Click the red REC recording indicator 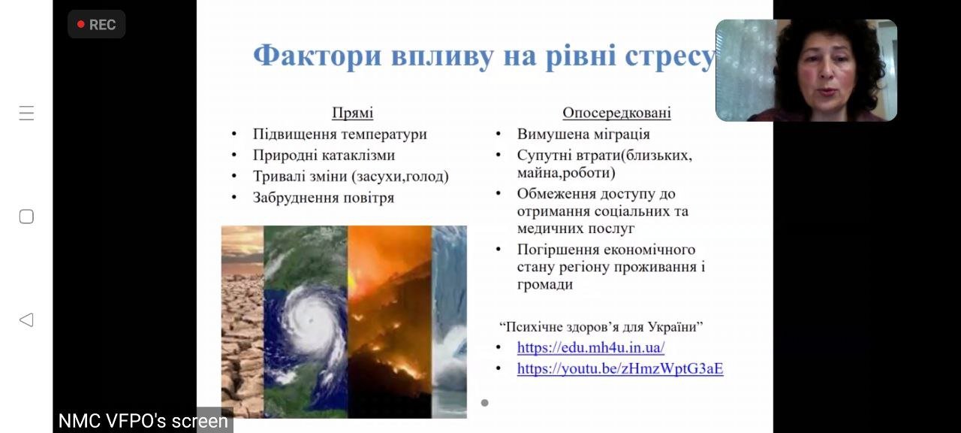tap(97, 25)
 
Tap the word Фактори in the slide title tap(318, 56)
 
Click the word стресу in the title tap(670, 56)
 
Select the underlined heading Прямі tap(353, 113)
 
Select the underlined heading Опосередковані tap(616, 113)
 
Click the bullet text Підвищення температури tap(340, 134)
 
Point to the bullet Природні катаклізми tap(324, 155)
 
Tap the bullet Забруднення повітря tap(324, 198)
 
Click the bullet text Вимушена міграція tap(583, 134)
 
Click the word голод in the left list tap(425, 177)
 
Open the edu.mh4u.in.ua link tap(591, 347)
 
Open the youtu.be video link tap(620, 368)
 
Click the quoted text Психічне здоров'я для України tap(601, 327)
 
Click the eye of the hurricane tap(310, 320)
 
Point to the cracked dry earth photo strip tap(243, 322)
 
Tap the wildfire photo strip tap(390, 322)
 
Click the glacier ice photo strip tap(449, 322)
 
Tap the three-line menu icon tap(26, 113)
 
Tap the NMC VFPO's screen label tap(143, 421)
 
